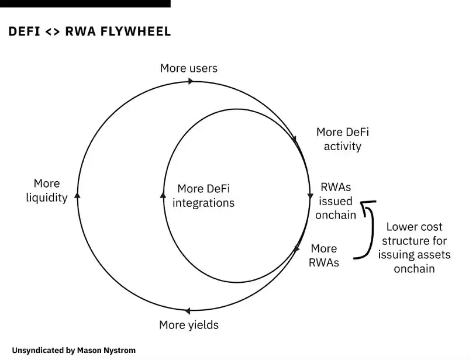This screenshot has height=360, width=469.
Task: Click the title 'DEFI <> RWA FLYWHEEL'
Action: pos(89,32)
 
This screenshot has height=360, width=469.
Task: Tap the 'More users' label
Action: pos(188,68)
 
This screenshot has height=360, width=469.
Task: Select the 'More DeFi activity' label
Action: pos(342,139)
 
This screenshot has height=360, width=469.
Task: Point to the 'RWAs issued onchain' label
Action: pos(336,201)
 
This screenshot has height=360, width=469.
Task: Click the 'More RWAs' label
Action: pos(324,255)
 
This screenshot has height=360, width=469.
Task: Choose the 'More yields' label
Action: pos(188,324)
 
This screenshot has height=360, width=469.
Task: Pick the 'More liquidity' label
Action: pos(47,191)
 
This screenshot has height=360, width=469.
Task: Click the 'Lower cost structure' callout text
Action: pos(414,247)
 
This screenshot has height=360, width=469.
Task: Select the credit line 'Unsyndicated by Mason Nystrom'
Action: pos(74,350)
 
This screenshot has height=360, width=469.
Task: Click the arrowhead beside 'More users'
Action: pos(191,81)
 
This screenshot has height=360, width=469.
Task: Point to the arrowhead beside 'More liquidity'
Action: pos(77,195)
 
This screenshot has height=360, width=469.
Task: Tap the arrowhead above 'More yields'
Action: pos(187,311)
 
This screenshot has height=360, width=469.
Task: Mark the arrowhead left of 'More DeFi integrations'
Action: pos(163,195)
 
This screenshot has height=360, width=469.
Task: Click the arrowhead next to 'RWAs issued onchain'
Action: pos(310,196)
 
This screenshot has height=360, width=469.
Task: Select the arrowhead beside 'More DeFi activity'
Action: pos(294,141)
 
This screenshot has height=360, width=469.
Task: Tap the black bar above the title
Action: pos(85,4)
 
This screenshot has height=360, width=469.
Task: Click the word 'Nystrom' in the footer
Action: pos(119,350)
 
